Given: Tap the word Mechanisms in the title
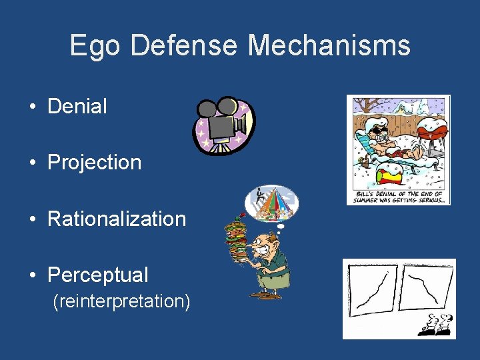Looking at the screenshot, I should [x=329, y=46].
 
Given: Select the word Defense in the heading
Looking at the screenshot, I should [x=183, y=46].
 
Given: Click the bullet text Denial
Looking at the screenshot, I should [x=77, y=106].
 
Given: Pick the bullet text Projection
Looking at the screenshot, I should [x=94, y=162].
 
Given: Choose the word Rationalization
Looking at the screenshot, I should [x=117, y=218].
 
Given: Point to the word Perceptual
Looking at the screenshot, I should [x=98, y=274].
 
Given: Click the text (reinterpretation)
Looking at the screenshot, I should [x=121, y=301].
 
